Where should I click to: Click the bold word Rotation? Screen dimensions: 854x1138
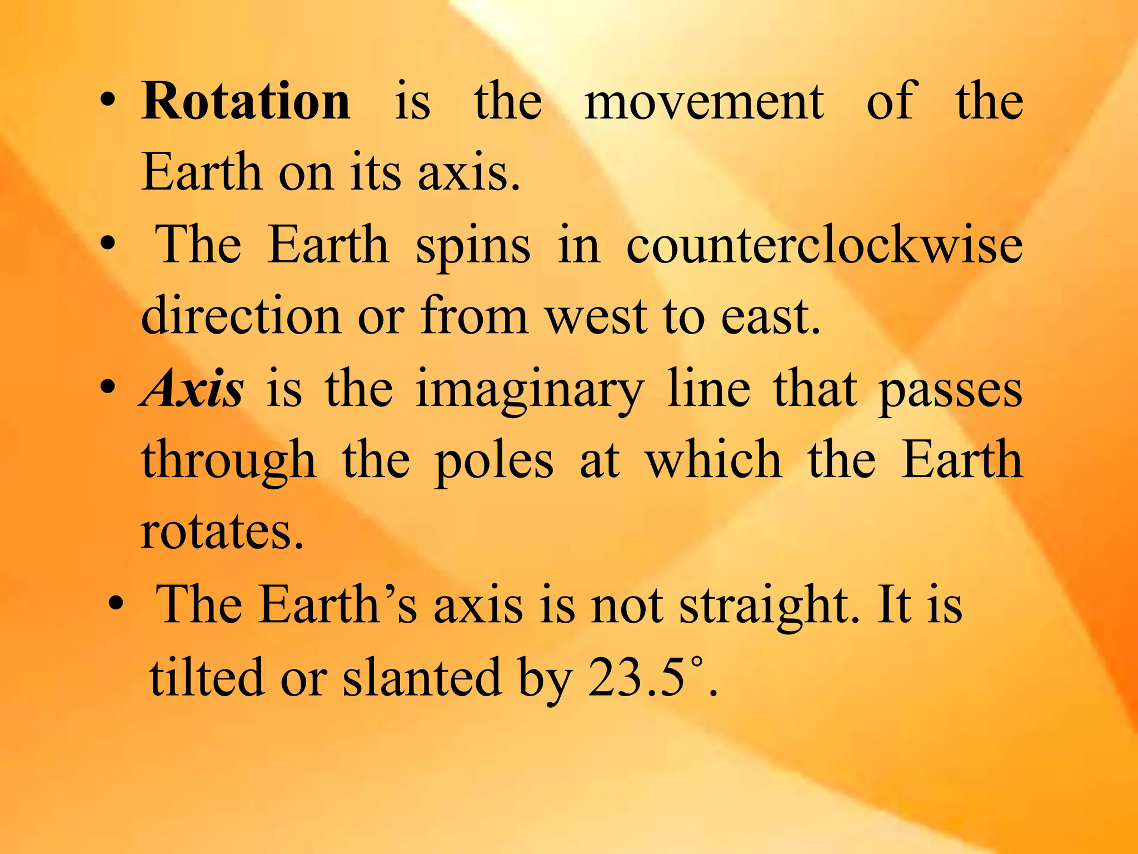click(x=246, y=101)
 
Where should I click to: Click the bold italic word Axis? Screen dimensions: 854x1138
click(x=191, y=389)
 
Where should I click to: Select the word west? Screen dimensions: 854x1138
click(x=596, y=317)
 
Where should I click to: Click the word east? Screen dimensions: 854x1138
click(x=770, y=317)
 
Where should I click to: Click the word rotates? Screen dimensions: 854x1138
click(x=222, y=532)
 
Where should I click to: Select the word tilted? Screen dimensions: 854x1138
click(x=207, y=677)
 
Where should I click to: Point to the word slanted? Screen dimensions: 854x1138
click(x=422, y=677)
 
